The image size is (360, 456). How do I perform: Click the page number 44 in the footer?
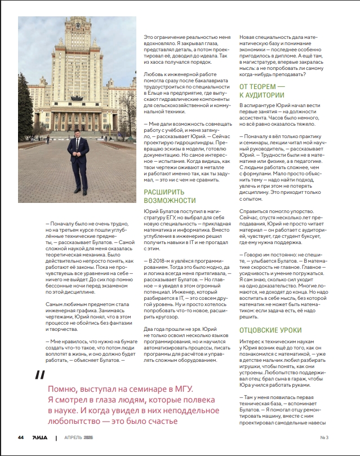(x=21, y=437)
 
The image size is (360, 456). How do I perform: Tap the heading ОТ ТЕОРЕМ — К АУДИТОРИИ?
(x=263, y=90)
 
